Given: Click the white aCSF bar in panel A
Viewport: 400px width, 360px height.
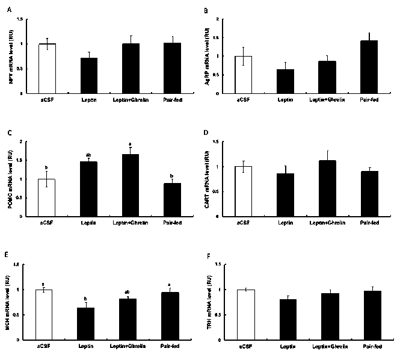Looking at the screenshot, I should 46,68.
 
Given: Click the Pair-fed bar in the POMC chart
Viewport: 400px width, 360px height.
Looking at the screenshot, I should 173,199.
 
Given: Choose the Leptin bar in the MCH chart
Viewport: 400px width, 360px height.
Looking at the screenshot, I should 88,324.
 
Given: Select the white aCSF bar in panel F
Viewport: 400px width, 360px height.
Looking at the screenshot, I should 245,315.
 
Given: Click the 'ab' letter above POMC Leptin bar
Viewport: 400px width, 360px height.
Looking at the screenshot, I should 88,155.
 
